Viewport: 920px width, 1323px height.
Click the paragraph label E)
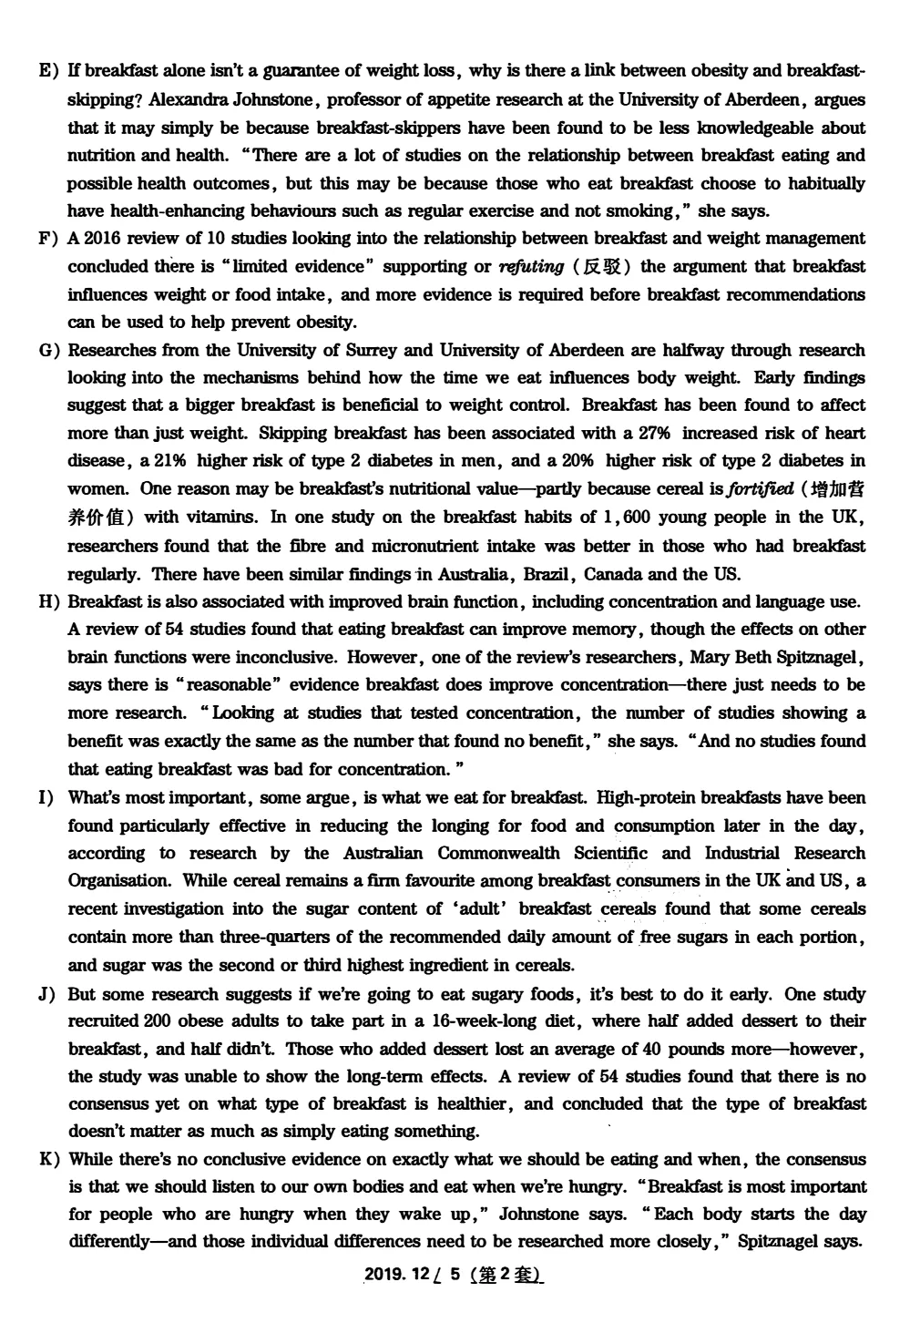point(47,71)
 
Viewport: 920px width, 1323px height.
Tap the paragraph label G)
point(48,351)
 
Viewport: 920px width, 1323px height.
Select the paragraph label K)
point(49,1160)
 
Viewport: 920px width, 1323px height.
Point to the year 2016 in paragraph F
point(102,239)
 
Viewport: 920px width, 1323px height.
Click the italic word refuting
point(531,267)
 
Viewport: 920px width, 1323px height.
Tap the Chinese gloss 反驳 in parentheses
point(603,267)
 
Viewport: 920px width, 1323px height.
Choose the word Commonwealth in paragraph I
point(498,854)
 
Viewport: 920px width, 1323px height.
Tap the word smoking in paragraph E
point(643,211)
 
